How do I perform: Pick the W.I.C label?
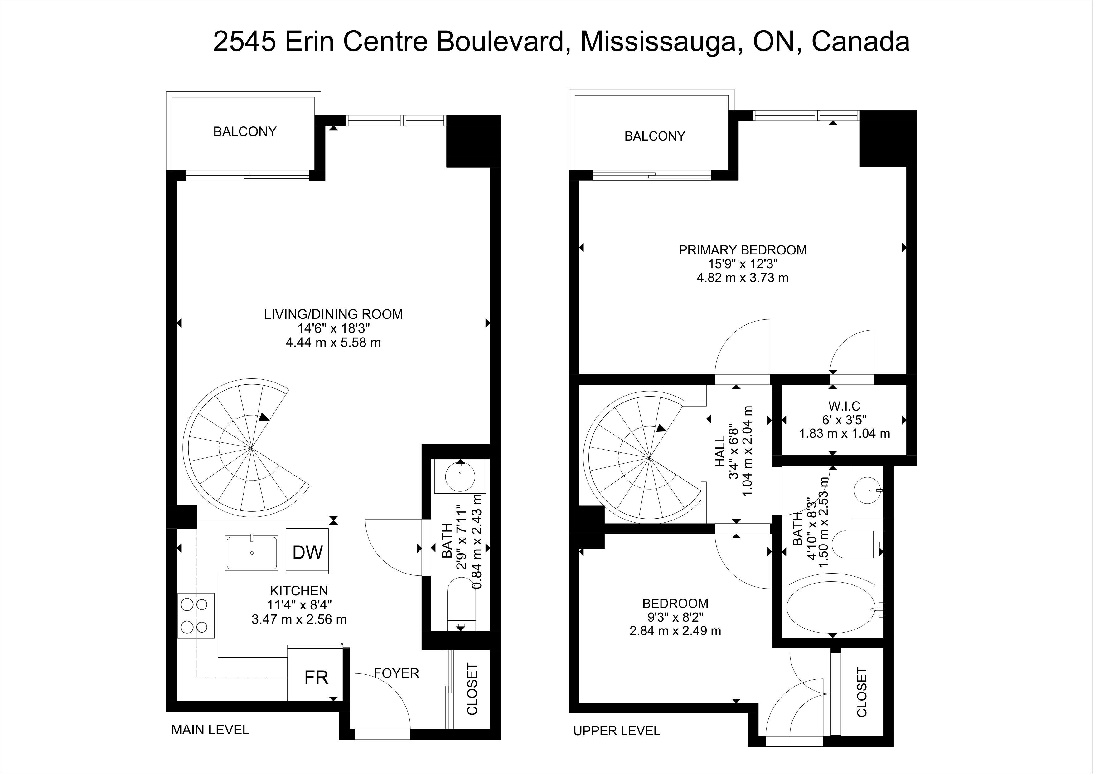[x=844, y=406]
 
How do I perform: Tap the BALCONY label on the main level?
[x=245, y=132]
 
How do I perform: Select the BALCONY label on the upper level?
[x=655, y=136]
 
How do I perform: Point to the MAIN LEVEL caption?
[x=210, y=730]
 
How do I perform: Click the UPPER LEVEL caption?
[x=617, y=731]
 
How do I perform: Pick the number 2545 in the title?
[x=245, y=42]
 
